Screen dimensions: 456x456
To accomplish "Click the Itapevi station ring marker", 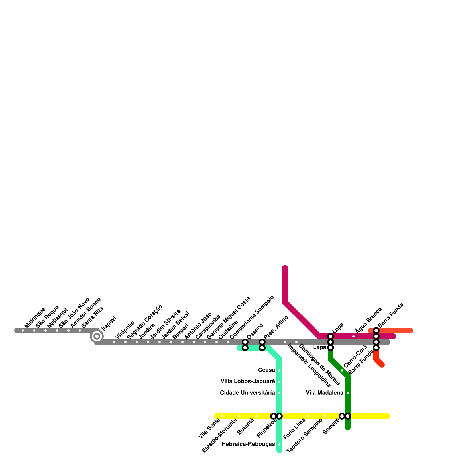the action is (97, 336).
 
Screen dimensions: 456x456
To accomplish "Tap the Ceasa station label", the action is (266, 370).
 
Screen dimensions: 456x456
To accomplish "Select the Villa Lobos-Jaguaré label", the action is (248, 382).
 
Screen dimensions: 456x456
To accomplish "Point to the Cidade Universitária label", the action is (247, 393).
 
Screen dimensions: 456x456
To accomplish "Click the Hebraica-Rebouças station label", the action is (248, 444).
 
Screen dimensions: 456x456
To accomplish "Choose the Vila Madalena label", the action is (324, 393).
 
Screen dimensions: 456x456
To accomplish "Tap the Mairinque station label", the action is (35, 317).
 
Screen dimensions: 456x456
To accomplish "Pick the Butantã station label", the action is (245, 426).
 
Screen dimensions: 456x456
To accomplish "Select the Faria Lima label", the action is (294, 429).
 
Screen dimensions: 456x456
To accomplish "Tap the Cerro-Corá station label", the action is (355, 356).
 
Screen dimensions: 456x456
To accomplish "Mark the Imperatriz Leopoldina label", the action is (309, 366).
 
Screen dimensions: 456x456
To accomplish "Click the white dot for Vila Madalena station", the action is (348, 393).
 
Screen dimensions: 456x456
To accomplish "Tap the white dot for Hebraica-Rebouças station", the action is (279, 445).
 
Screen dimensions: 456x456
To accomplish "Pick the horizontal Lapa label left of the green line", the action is (319, 347).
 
